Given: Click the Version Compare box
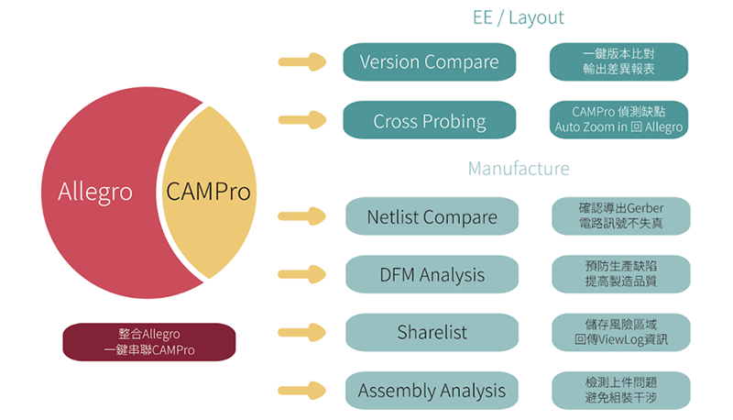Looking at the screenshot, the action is point(429,61).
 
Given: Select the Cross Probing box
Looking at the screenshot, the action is point(429,120).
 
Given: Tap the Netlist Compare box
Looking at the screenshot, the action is point(432,216).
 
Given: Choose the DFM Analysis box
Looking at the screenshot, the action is point(432,274).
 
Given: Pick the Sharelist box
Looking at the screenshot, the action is point(432,332).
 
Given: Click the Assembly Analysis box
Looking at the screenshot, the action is point(432,391).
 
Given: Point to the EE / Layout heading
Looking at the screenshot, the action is point(518,17).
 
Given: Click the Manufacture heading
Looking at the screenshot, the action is point(519,169).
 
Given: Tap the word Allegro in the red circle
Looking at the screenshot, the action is point(95,192).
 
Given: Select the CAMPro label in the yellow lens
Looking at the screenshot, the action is point(209,192).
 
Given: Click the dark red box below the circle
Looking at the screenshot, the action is point(149,342).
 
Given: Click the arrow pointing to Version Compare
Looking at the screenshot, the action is point(302,61).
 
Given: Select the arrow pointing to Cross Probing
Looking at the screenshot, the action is point(302,120).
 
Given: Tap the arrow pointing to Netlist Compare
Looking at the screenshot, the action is point(302,216).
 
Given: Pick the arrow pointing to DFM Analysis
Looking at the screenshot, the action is point(302,274).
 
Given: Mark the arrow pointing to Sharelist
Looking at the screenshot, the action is point(302,332).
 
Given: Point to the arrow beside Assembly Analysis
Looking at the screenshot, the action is point(302,391).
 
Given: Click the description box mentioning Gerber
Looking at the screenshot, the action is point(621,216).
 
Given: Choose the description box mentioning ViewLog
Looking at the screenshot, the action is point(621,332).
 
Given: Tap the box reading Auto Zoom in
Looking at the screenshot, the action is point(618,120).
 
